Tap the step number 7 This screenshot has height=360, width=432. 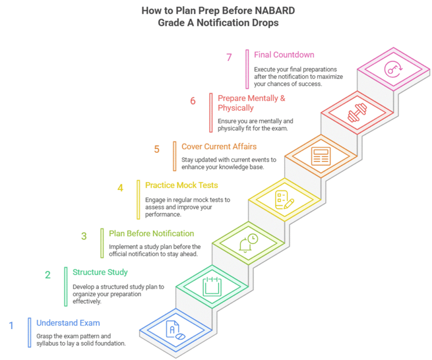click(x=229, y=57)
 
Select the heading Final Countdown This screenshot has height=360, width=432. click(x=284, y=55)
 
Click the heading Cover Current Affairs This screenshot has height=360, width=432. click(x=219, y=147)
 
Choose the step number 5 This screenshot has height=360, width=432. click(x=157, y=149)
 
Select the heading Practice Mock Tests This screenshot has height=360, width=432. click(x=181, y=185)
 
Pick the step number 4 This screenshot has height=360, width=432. click(x=120, y=188)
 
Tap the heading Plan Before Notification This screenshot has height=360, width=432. click(x=151, y=234)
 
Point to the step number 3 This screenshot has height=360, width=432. click(x=84, y=236)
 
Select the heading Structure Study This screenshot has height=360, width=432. click(x=100, y=272)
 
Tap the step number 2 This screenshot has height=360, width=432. click(x=48, y=275)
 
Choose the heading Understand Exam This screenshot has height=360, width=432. click(x=68, y=323)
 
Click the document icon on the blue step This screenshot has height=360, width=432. click(x=175, y=330)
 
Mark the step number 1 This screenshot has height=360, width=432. click(x=11, y=326)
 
